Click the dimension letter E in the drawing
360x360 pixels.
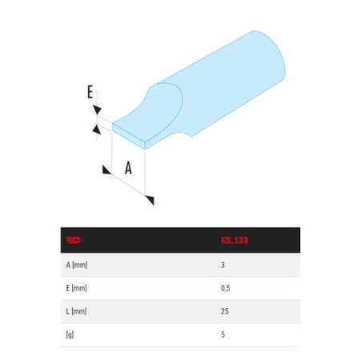tap(90, 93)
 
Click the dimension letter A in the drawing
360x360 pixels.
tap(129, 167)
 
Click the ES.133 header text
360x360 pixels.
tap(234, 240)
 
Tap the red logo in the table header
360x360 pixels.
tap(75, 240)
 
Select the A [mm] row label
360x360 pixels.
tap(78, 264)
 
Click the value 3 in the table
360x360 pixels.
tap(222, 264)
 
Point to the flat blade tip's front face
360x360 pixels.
tap(128, 137)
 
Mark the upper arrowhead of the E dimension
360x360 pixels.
tap(95, 110)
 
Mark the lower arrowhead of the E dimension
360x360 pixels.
tap(96, 127)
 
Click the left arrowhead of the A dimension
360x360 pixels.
tap(105, 170)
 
